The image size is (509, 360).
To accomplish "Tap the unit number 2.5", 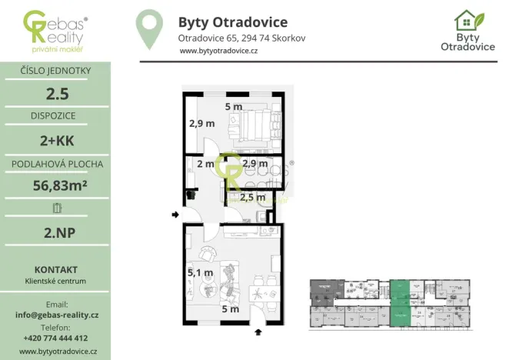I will [55, 95].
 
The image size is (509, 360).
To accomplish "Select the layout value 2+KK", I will [55, 140].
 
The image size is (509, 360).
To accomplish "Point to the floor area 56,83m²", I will [55, 185].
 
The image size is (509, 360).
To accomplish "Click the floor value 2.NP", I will [55, 230].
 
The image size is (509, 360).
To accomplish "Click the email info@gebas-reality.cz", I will [56, 315].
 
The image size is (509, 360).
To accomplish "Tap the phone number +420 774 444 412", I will [55, 338].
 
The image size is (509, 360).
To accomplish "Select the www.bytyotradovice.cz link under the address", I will [218, 51].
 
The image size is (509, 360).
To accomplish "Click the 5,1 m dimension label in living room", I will [201, 272].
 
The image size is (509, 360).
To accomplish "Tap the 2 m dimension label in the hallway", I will [205, 164].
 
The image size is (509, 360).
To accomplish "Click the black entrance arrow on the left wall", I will [175, 215].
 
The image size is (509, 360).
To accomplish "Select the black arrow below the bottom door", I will [258, 332].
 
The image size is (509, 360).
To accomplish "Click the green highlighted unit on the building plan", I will [400, 303].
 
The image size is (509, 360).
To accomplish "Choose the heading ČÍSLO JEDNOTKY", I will [55, 72].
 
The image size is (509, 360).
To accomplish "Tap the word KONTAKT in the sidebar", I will [55, 269].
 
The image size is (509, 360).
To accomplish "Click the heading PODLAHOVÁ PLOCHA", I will [55, 164].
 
